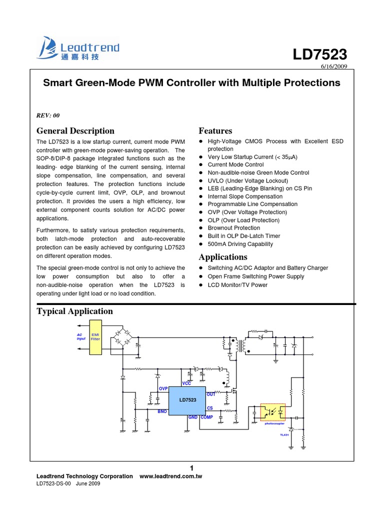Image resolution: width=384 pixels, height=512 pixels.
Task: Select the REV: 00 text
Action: pyautogui.click(x=48, y=115)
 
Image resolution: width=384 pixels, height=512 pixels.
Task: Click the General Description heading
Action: pyautogui.click(x=75, y=131)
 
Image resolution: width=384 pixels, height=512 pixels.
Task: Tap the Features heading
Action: pyautogui.click(x=215, y=131)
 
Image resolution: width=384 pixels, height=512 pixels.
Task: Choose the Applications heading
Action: pyautogui.click(x=223, y=257)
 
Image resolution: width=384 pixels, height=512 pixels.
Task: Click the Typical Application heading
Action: pyautogui.click(x=75, y=311)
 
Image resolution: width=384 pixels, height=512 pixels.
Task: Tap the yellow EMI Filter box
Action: pyautogui.click(x=95, y=337)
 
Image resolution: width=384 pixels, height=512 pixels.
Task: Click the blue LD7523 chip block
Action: pyautogui.click(x=187, y=400)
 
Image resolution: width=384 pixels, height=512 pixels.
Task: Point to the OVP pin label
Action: pyautogui.click(x=163, y=388)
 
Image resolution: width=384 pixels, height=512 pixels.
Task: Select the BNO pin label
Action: pyautogui.click(x=162, y=411)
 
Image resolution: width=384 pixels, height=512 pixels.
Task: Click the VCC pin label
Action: pyautogui.click(x=186, y=383)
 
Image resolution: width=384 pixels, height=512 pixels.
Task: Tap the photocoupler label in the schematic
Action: pyautogui.click(x=274, y=423)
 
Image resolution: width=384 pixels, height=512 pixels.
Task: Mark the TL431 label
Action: pyautogui.click(x=284, y=435)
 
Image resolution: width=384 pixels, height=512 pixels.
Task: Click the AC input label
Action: pyautogui.click(x=80, y=336)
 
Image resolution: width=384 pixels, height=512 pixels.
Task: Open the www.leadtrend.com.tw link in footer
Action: pyautogui.click(x=170, y=476)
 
